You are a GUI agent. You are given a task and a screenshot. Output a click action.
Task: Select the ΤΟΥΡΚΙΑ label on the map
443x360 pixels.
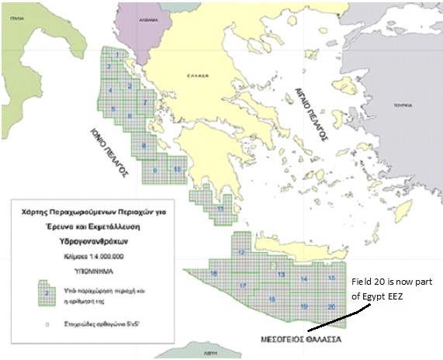click(x=402, y=103)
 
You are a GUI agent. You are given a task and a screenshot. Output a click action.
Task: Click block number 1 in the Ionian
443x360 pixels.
click(x=117, y=56)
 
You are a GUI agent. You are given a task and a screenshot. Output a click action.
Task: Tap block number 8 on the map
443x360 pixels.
click(x=142, y=145)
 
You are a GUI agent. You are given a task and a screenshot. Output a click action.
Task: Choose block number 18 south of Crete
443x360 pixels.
click(x=272, y=299)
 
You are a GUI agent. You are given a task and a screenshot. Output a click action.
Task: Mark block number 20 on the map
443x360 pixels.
click(x=331, y=306)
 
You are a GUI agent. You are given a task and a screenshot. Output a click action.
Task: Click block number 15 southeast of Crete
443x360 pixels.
click(x=331, y=278)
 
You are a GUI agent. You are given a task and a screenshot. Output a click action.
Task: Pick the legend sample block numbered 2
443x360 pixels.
click(x=48, y=293)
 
